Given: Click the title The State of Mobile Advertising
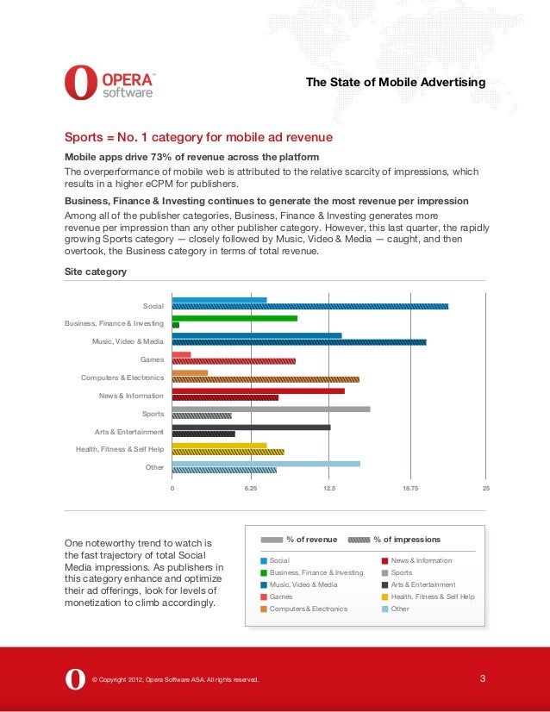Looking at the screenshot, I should pos(396,82).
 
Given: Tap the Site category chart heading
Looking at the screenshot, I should pos(96,272).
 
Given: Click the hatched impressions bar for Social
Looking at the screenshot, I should pos(310,306).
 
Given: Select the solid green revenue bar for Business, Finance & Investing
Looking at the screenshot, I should pos(234,318).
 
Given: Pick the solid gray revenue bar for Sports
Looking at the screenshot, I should pos(271,409).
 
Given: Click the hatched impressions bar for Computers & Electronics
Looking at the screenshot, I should pos(266,378).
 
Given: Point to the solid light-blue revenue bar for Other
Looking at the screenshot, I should pos(266,463).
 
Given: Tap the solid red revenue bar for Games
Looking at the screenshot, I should pos(181,354).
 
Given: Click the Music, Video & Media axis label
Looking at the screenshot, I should pos(128,341).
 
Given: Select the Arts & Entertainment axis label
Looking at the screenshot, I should pos(128,431).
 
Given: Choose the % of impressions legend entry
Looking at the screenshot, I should pos(406,540).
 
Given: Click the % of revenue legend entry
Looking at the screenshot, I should pos(311,540).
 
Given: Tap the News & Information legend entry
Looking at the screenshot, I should pos(421,560).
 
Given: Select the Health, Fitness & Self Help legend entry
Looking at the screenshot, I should pos(432,596).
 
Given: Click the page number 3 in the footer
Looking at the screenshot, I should pos(483,678).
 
